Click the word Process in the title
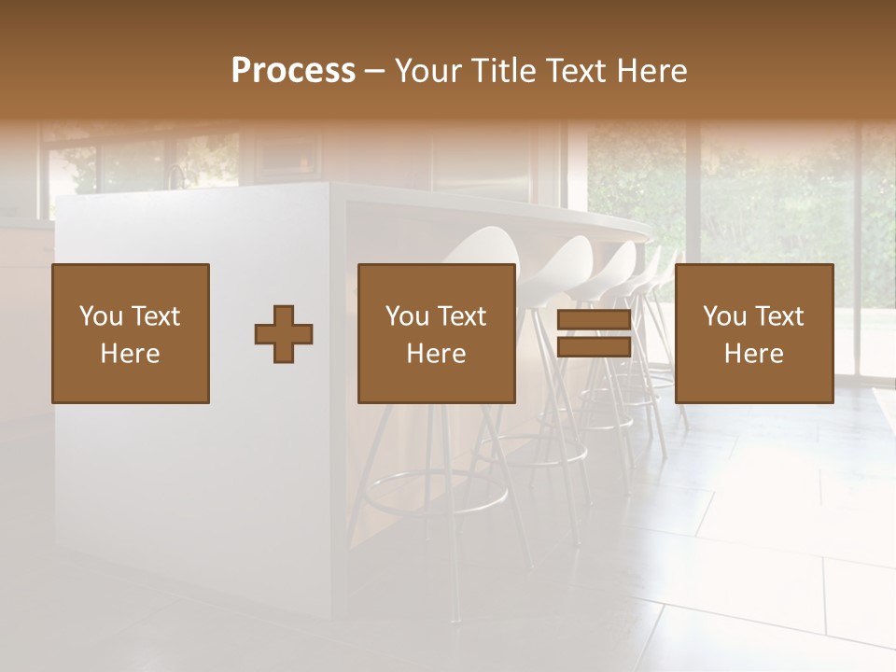[x=293, y=71]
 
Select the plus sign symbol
[x=284, y=334]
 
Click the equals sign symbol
[x=594, y=334]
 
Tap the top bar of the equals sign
[x=594, y=321]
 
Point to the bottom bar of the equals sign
[x=594, y=347]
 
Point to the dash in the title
[x=375, y=71]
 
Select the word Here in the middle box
[x=437, y=354]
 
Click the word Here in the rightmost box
[x=754, y=354]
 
